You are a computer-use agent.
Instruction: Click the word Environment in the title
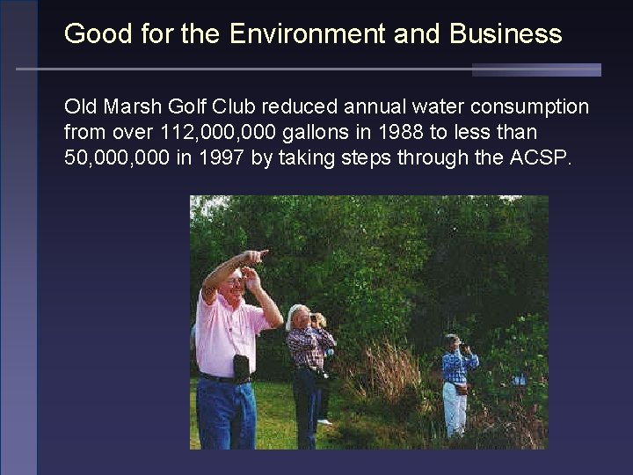click(x=306, y=34)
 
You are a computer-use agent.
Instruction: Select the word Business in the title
click(x=506, y=34)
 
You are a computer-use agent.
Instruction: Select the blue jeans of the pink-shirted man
click(x=226, y=413)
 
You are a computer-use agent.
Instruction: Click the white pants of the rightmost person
click(x=454, y=409)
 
